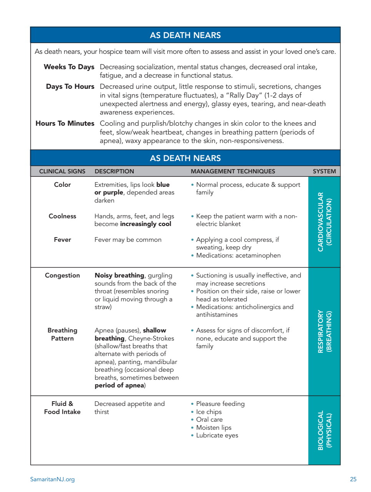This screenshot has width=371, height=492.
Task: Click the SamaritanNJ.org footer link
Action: (x=52, y=479)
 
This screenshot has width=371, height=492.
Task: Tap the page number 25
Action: (x=353, y=479)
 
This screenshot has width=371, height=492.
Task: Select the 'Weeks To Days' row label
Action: (x=69, y=67)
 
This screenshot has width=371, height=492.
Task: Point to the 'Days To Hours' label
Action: (x=70, y=86)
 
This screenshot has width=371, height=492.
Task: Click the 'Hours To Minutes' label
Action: (x=65, y=123)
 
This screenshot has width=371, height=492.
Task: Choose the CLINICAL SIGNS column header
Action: (x=62, y=171)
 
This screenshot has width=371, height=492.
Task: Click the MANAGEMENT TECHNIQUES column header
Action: (x=233, y=171)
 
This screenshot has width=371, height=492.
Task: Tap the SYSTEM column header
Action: (x=324, y=171)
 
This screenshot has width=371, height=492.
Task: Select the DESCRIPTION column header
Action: (x=114, y=171)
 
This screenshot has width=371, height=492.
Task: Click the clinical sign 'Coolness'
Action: (x=62, y=216)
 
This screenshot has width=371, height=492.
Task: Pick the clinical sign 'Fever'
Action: (x=62, y=239)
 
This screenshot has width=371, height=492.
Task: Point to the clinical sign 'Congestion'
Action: (x=62, y=275)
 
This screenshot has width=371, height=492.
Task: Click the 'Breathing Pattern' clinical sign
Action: (x=62, y=334)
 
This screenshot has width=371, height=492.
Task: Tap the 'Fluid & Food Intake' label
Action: (x=62, y=408)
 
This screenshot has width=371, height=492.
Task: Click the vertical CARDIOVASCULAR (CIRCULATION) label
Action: (x=324, y=222)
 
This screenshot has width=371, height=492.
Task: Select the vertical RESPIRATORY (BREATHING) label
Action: (x=324, y=331)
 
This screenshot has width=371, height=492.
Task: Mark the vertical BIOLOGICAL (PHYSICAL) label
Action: (x=324, y=430)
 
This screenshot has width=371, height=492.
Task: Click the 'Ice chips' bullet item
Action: (x=209, y=412)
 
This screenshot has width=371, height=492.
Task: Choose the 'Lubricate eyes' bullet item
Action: (x=217, y=435)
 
